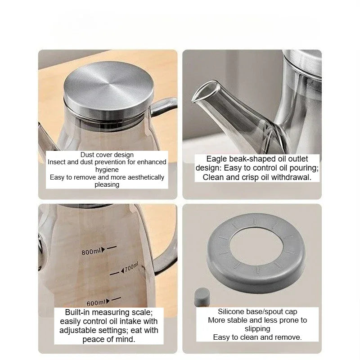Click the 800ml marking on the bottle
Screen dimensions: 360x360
[x=91, y=251]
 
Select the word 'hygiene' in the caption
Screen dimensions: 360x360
[x=107, y=170]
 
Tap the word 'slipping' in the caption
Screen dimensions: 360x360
[x=258, y=328]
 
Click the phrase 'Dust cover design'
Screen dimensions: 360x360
[x=107, y=154]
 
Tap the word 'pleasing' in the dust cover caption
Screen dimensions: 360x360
[x=107, y=185]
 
